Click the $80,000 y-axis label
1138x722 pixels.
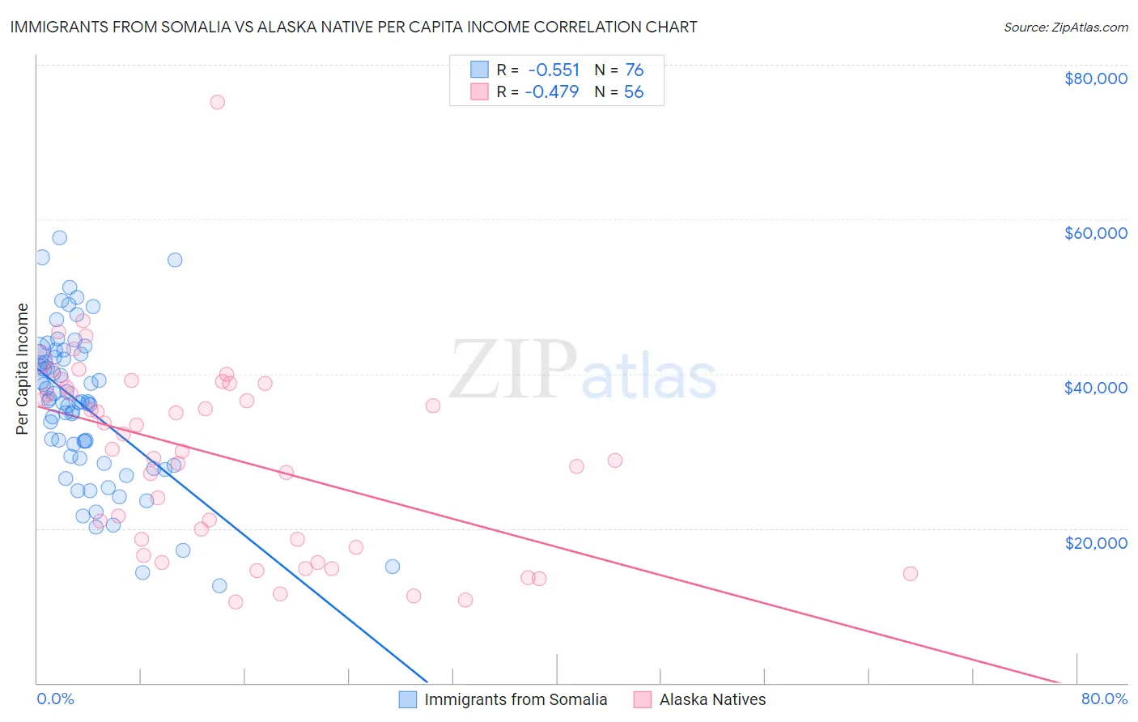click(1095, 79)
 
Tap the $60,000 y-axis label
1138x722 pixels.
click(1095, 233)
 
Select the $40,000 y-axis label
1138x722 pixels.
click(1095, 388)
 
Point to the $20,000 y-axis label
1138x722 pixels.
click(1095, 542)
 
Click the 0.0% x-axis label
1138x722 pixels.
click(55, 699)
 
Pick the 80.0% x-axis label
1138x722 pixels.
click(1104, 699)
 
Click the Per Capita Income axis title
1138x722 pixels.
click(23, 368)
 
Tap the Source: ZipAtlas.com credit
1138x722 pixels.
click(1065, 28)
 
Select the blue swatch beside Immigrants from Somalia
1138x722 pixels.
click(408, 699)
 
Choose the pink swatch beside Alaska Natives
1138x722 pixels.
click(643, 699)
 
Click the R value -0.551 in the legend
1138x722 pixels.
click(554, 70)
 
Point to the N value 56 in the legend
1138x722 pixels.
click(633, 92)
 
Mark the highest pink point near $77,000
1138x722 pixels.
click(217, 102)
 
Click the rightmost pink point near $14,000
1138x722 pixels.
click(910, 574)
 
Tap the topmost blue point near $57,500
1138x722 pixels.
click(59, 238)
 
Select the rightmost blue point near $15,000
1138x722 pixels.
click(392, 567)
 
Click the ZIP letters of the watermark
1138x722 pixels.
click(513, 370)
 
